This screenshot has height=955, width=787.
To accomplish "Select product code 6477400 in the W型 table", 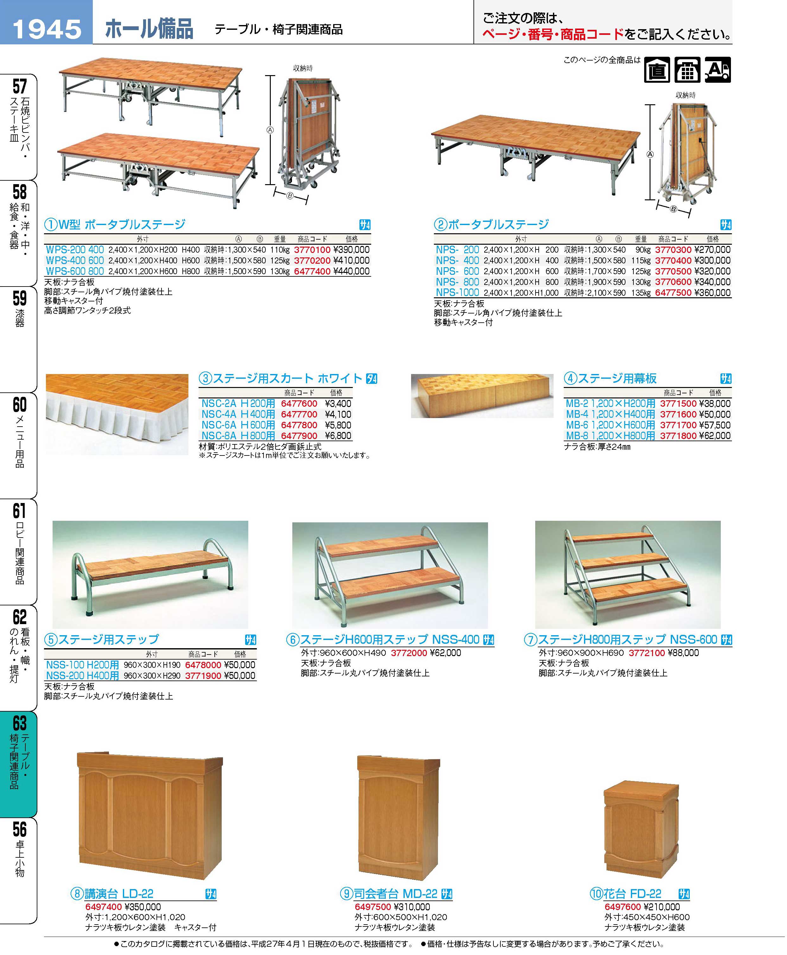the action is [312, 271].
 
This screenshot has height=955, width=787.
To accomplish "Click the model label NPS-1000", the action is [457, 293].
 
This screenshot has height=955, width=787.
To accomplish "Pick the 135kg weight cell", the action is [641, 293].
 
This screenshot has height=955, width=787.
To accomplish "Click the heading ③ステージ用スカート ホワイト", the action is [288, 378].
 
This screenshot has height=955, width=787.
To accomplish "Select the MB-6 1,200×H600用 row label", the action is [610, 425].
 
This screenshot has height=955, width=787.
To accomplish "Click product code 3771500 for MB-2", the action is [678, 403].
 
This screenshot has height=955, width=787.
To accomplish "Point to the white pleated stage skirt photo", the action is [117, 414].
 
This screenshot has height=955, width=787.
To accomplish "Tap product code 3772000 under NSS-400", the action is [409, 653].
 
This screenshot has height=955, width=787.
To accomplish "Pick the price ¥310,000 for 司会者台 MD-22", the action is [412, 907].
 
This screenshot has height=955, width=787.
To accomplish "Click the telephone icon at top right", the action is [687, 70].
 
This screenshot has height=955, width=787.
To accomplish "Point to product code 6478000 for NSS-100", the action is [203, 665].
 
